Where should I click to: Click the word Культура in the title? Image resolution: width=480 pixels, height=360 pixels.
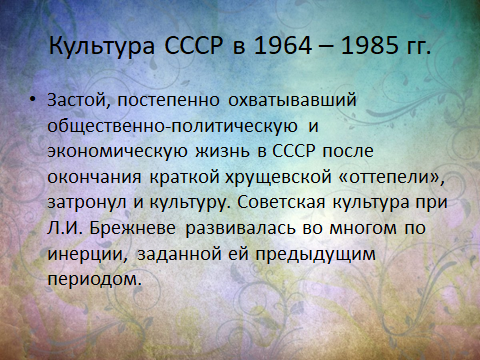[x=102, y=45]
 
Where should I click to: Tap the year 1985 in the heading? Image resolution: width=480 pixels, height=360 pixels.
[x=370, y=45]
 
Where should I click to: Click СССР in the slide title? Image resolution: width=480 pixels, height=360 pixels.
[x=193, y=45]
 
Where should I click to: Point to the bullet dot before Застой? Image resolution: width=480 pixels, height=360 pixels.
[x=32, y=99]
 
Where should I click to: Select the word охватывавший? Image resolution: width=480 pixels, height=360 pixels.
[x=292, y=100]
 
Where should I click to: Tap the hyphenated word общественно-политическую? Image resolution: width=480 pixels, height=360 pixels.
[x=173, y=126]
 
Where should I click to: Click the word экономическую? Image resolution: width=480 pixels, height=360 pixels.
[x=117, y=152]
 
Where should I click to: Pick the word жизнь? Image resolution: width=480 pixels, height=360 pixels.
[x=222, y=151]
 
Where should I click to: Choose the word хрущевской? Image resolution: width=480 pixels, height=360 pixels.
[x=278, y=177]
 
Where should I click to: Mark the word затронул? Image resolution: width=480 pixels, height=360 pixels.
[x=87, y=203]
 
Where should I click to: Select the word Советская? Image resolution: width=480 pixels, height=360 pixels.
[x=281, y=202]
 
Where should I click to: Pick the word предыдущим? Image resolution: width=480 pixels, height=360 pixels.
[x=316, y=254]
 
